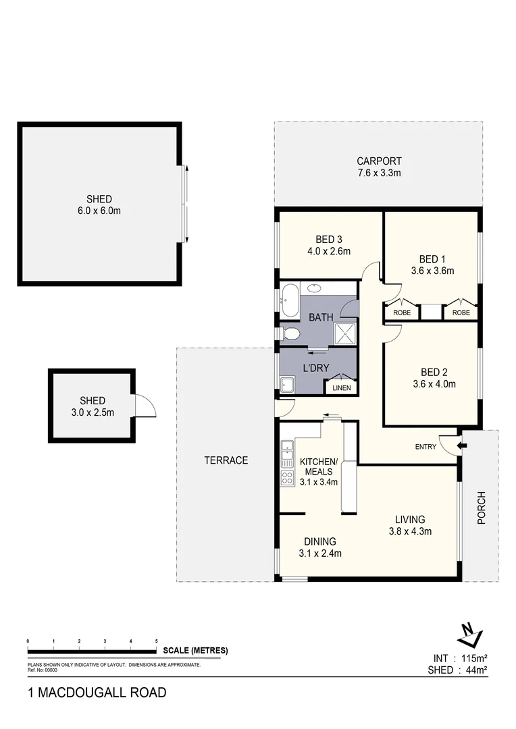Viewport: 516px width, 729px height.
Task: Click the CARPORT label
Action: click(x=379, y=161)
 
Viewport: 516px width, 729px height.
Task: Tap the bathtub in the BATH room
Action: click(x=290, y=300)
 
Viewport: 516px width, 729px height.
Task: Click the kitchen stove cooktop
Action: click(x=286, y=478)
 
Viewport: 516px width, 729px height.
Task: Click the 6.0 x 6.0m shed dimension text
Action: click(x=99, y=211)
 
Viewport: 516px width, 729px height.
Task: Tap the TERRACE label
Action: click(x=226, y=460)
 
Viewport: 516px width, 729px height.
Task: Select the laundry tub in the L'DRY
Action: click(x=288, y=385)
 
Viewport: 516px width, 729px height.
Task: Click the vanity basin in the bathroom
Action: click(x=315, y=288)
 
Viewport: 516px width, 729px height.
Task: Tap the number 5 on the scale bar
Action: click(x=157, y=641)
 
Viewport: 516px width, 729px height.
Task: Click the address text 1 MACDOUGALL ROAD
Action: click(x=97, y=693)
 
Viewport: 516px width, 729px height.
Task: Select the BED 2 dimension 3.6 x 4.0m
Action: click(x=433, y=385)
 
